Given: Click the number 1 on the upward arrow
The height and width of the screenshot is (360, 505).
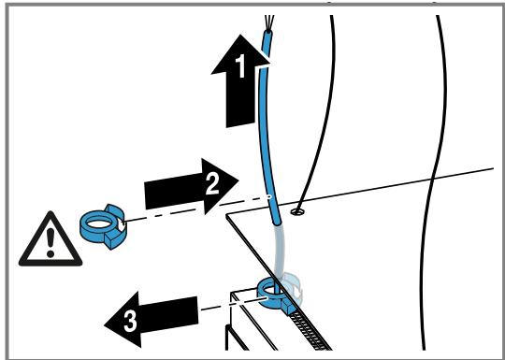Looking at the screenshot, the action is click(241, 66).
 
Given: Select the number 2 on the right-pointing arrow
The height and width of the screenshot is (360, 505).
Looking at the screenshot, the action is click(212, 184).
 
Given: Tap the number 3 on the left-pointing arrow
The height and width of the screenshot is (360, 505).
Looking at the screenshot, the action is click(130, 322).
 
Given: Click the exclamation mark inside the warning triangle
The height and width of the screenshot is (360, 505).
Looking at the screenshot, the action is click(50, 242).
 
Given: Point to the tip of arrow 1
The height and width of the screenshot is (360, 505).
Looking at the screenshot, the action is click(240, 35).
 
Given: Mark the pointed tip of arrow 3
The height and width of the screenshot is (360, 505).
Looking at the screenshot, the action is click(105, 324).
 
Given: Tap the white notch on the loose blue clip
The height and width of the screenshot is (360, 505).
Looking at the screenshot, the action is click(121, 224).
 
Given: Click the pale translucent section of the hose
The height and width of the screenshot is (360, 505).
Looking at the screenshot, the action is click(279, 252).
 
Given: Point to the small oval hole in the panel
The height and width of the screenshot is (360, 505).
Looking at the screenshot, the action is click(297, 211).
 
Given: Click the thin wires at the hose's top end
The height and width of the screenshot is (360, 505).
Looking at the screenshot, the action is click(269, 22).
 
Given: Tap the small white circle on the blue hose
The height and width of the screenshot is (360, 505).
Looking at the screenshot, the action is click(269, 196).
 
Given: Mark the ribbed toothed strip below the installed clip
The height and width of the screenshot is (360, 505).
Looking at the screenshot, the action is click(310, 332).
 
